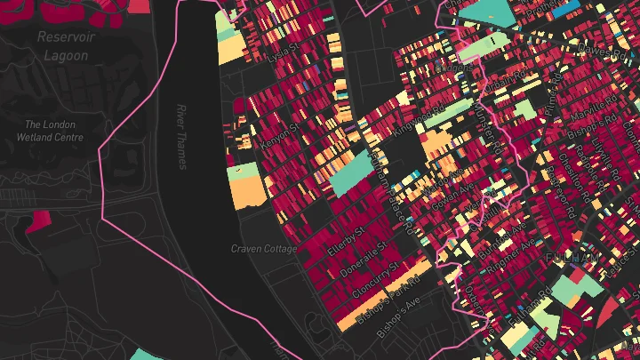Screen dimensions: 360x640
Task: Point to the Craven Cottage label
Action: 264,249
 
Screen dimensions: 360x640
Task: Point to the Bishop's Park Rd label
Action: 386,300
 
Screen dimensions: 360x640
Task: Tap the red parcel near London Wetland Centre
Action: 37,221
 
